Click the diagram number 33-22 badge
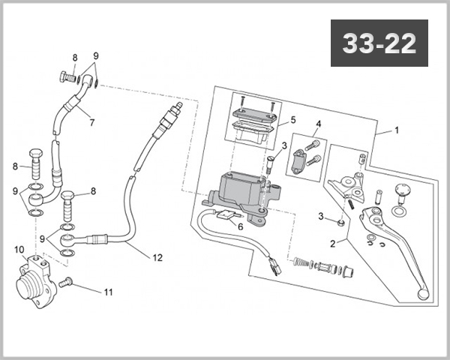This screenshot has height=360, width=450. click(x=379, y=43)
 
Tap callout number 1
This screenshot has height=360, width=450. click(x=397, y=130)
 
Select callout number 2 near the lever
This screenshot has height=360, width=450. click(x=333, y=244)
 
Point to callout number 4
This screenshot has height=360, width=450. click(x=318, y=124)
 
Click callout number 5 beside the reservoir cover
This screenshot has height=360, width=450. click(x=293, y=120)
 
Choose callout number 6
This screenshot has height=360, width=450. click(x=241, y=226)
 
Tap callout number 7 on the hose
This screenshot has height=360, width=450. click(x=91, y=122)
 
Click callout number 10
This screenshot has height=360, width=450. click(x=19, y=250)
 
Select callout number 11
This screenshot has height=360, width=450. click(x=108, y=292)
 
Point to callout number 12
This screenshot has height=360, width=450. click(x=157, y=257)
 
